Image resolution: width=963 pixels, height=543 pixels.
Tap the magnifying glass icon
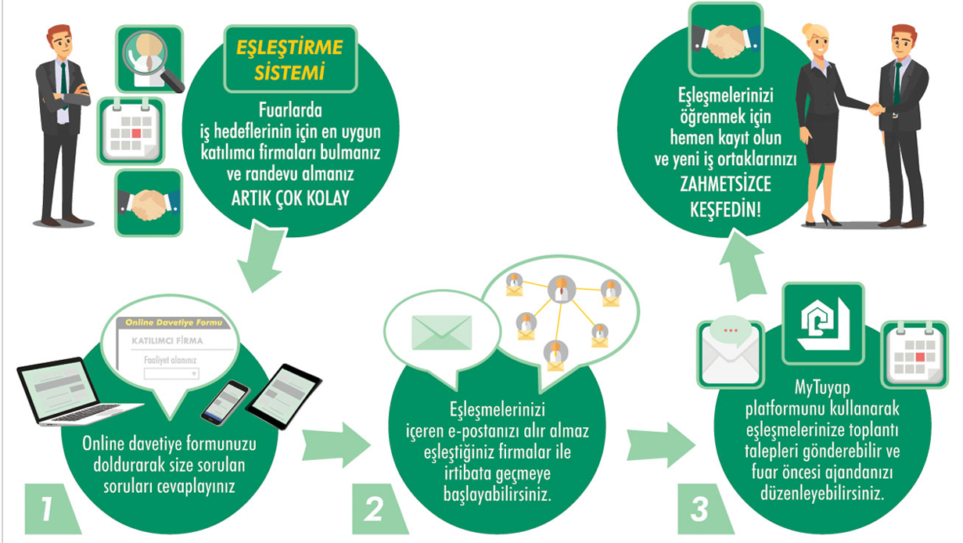[149, 59]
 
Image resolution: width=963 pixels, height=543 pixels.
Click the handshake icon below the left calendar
[148, 203]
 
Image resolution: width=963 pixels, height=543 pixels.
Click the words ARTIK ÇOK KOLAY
[290, 195]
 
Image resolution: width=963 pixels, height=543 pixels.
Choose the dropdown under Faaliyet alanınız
[171, 374]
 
